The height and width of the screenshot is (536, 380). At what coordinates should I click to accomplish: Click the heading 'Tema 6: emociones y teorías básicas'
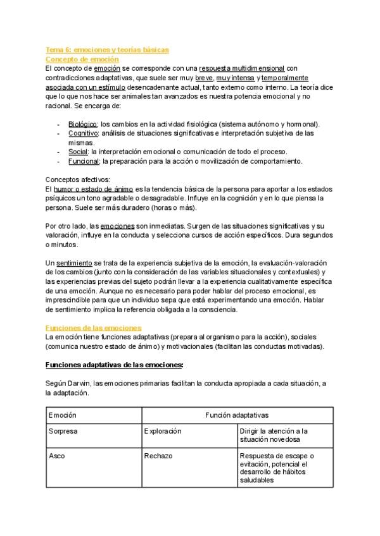[x=107, y=49]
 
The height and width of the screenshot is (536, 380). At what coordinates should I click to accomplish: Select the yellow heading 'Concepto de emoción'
[x=82, y=59]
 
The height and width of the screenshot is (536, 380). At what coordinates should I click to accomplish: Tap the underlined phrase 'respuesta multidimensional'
[x=243, y=68]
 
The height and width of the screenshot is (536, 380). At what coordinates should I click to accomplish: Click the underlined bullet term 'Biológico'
[x=82, y=124]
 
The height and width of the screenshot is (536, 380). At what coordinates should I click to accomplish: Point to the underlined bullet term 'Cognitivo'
[x=83, y=133]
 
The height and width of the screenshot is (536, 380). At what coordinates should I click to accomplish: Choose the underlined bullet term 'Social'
[x=79, y=152]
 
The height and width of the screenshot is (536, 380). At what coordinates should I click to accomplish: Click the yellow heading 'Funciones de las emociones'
[x=94, y=328]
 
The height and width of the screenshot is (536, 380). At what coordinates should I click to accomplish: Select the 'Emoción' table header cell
[x=62, y=415]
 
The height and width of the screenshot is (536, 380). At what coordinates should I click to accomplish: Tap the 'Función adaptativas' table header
[x=237, y=415]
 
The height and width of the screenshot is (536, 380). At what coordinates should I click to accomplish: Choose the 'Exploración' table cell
[x=163, y=431]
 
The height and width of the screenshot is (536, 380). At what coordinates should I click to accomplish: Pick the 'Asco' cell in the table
[x=57, y=456]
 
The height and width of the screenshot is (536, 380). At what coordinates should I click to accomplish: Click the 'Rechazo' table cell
[x=158, y=456]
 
